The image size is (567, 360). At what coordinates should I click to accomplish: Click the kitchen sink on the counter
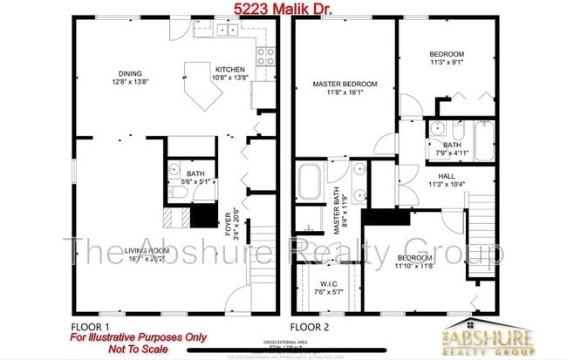pyautogui.click(x=227, y=31)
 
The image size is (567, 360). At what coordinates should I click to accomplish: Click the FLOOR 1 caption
pyautogui.click(x=90, y=327)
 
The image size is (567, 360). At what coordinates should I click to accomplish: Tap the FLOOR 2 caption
pyautogui.click(x=311, y=327)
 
